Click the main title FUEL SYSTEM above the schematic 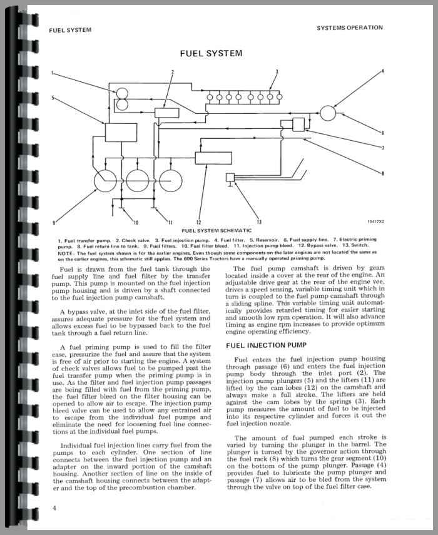click(x=211, y=54)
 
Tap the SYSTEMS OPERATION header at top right click(x=350, y=28)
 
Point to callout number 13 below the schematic click(x=258, y=222)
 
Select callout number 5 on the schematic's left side click(x=53, y=98)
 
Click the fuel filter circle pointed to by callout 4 click(x=328, y=113)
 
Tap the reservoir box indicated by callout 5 click(x=116, y=132)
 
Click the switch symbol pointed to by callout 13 click(x=230, y=179)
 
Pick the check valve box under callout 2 click(x=166, y=113)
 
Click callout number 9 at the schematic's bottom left click(x=54, y=222)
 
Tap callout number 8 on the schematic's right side click(x=382, y=173)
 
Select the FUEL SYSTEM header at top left click(x=69, y=30)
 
